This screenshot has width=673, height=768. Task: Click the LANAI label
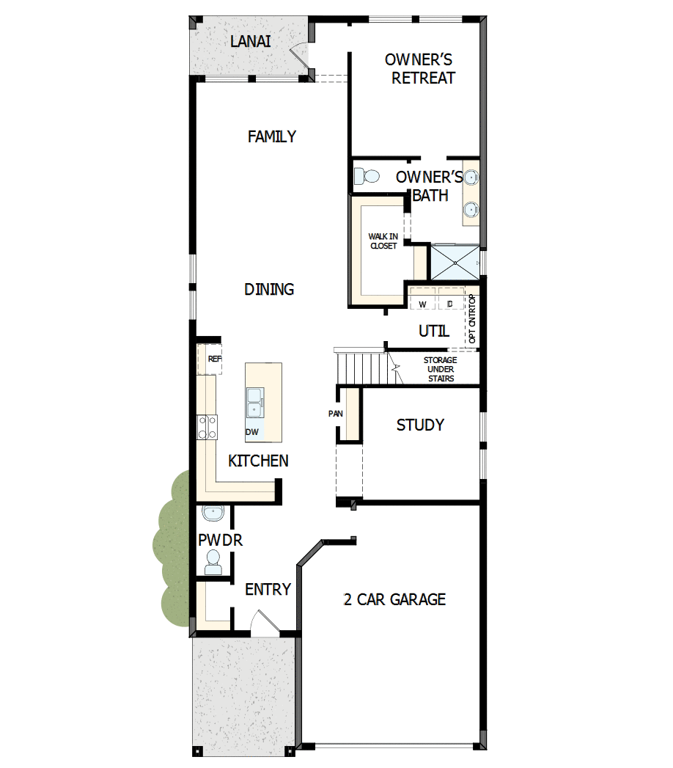pyautogui.click(x=250, y=42)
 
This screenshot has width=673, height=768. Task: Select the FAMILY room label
pyautogui.click(x=271, y=136)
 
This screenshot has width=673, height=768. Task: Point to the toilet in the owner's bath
pyautogui.click(x=366, y=176)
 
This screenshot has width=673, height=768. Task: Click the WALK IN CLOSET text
pyautogui.click(x=383, y=241)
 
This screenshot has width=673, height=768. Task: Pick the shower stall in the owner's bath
pyautogui.click(x=455, y=262)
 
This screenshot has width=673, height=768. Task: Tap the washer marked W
pyautogui.click(x=422, y=303)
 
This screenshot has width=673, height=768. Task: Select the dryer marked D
pyautogui.click(x=450, y=303)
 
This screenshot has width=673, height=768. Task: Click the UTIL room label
pyautogui.click(x=433, y=332)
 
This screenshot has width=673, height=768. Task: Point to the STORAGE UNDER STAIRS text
pyautogui.click(x=440, y=369)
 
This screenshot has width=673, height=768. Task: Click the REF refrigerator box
pyautogui.click(x=210, y=359)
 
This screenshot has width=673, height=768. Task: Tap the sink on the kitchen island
pyautogui.click(x=255, y=403)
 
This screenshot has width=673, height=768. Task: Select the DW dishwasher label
pyautogui.click(x=251, y=432)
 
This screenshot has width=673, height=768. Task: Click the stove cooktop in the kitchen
pyautogui.click(x=207, y=426)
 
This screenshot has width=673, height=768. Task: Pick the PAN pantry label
pyautogui.click(x=336, y=414)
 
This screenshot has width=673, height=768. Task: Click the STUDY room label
pyautogui.click(x=420, y=425)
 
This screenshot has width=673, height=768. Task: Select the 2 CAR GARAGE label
pyautogui.click(x=394, y=599)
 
